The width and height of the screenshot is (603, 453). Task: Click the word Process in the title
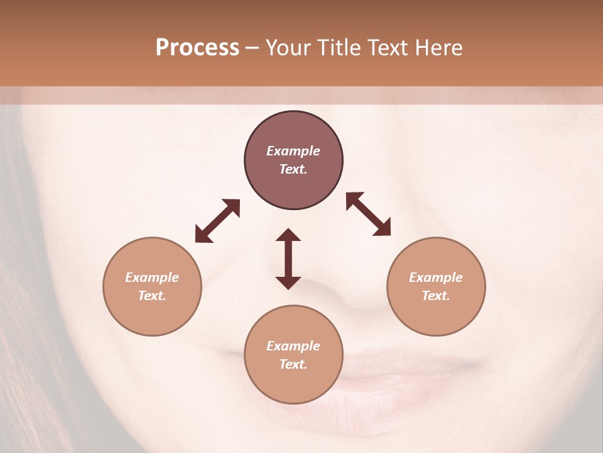point(197,48)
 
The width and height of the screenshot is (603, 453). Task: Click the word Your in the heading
point(289,48)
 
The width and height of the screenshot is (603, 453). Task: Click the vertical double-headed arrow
point(288,259)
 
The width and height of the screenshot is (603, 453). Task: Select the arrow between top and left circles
point(217,221)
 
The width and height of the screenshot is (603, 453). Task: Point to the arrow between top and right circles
point(369,214)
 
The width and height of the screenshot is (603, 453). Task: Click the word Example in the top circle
point(293,151)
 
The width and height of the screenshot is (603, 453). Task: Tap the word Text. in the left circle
point(152,296)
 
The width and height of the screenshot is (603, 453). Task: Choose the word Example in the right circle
point(436,277)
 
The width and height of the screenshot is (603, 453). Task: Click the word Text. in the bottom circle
point(293,364)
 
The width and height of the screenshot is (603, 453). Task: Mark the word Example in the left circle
point(152,277)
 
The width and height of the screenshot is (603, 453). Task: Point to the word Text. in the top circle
point(293,169)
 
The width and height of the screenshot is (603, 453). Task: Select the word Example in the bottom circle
point(293,346)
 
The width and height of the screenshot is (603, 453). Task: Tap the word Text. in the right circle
point(436,296)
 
